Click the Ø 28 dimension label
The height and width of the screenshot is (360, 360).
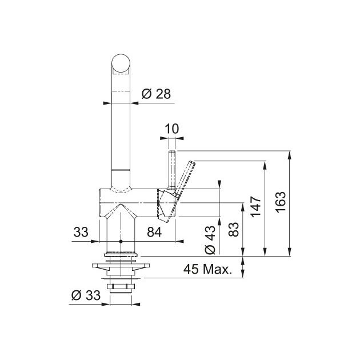click(x=156, y=94)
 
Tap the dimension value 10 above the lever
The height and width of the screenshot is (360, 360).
click(x=171, y=129)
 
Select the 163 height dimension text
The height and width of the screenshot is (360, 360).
click(x=281, y=202)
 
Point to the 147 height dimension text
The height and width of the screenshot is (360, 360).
click(x=256, y=206)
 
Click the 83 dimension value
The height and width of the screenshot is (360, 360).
click(x=234, y=229)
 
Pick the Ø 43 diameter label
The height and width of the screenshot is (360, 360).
click(x=210, y=240)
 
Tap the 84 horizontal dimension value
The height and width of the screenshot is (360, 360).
click(x=154, y=232)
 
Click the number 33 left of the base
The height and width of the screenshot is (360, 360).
click(x=81, y=232)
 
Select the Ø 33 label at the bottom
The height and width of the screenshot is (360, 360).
click(x=86, y=295)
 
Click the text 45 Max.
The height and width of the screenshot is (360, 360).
click(x=208, y=269)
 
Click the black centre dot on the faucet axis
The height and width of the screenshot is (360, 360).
click(x=121, y=241)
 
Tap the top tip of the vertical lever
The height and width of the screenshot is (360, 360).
click(x=172, y=151)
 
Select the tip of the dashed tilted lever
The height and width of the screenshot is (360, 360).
click(x=193, y=163)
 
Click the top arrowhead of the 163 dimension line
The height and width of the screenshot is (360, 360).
click(x=290, y=155)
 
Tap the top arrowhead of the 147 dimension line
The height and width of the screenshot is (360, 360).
click(x=265, y=165)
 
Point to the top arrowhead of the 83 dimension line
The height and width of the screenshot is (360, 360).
click(x=243, y=207)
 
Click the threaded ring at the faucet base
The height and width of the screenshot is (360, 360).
click(x=121, y=254)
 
